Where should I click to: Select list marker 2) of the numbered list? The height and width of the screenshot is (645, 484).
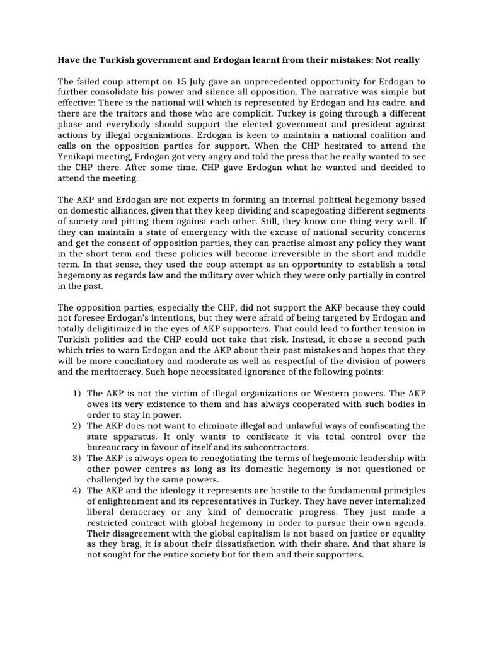tap(76, 426)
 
